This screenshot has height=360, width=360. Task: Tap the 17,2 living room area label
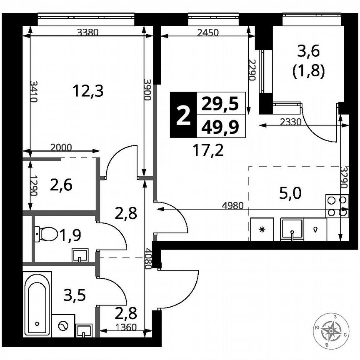point(208,150)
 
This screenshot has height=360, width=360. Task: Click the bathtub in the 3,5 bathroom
point(37,303)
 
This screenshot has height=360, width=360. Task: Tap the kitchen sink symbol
point(293,230)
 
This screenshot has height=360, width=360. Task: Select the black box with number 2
point(182,115)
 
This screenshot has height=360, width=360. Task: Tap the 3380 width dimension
point(88,34)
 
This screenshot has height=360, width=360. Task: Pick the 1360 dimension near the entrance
point(125,327)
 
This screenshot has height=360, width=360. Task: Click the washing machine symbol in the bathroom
point(64,325)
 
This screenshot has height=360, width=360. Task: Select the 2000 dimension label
point(61,147)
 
